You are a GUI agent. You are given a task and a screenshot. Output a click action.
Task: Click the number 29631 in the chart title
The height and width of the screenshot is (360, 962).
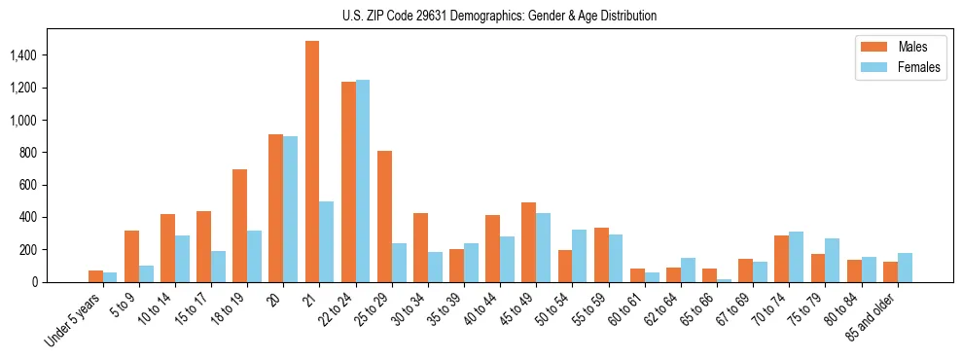coord(427,16)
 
